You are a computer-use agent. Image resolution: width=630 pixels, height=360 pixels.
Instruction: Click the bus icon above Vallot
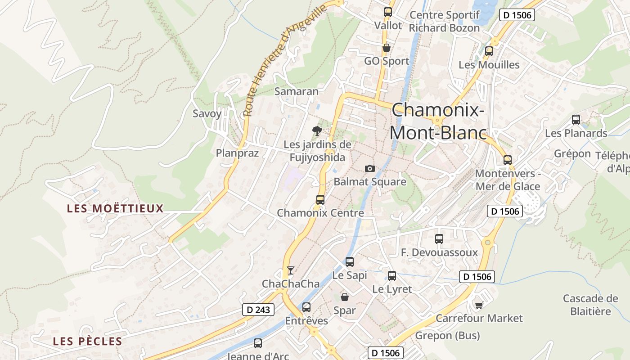pos(387,12)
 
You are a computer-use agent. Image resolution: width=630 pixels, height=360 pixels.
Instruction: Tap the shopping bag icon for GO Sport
pos(386,48)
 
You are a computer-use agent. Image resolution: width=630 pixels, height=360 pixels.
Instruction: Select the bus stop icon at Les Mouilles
pos(489,51)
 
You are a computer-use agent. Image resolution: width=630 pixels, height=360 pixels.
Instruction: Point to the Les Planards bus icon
pos(576,120)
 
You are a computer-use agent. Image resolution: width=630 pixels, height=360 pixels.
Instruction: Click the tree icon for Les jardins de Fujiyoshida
pos(317,131)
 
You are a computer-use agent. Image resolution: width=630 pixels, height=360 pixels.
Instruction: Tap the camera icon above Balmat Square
pos(370,168)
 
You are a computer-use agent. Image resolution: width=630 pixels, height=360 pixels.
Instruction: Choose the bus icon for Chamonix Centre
pos(320,199)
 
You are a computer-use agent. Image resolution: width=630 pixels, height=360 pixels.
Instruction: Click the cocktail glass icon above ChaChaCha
pos(291,270)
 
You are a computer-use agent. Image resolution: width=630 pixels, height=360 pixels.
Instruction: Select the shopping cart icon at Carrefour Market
pos(479,305)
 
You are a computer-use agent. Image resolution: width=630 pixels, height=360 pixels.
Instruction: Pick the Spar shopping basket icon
pos(345,297)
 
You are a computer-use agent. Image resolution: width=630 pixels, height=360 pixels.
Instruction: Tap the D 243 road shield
pos(258,310)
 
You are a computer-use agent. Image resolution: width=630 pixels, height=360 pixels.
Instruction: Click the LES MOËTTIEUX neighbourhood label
pos(115,208)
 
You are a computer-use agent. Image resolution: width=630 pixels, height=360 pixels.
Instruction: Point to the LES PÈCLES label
pos(88,341)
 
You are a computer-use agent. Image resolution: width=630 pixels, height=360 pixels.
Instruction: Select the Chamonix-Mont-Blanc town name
pos(438,121)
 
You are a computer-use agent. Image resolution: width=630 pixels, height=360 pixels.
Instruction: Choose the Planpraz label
pos(237,153)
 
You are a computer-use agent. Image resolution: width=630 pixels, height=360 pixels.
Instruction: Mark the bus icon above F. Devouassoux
pos(439,239)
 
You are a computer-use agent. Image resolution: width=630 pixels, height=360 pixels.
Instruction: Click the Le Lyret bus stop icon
pos(392,276)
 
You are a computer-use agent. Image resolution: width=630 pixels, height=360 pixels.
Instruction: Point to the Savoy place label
pos(207,113)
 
